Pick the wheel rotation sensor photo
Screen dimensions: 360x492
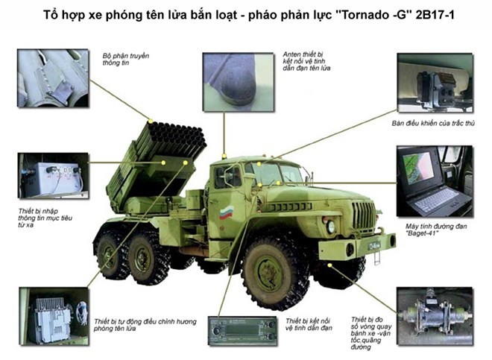coord(435,316)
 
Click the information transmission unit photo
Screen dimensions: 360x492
coord(52,78)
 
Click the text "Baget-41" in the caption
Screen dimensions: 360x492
coord(422,233)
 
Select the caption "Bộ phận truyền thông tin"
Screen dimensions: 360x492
coord(127,60)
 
